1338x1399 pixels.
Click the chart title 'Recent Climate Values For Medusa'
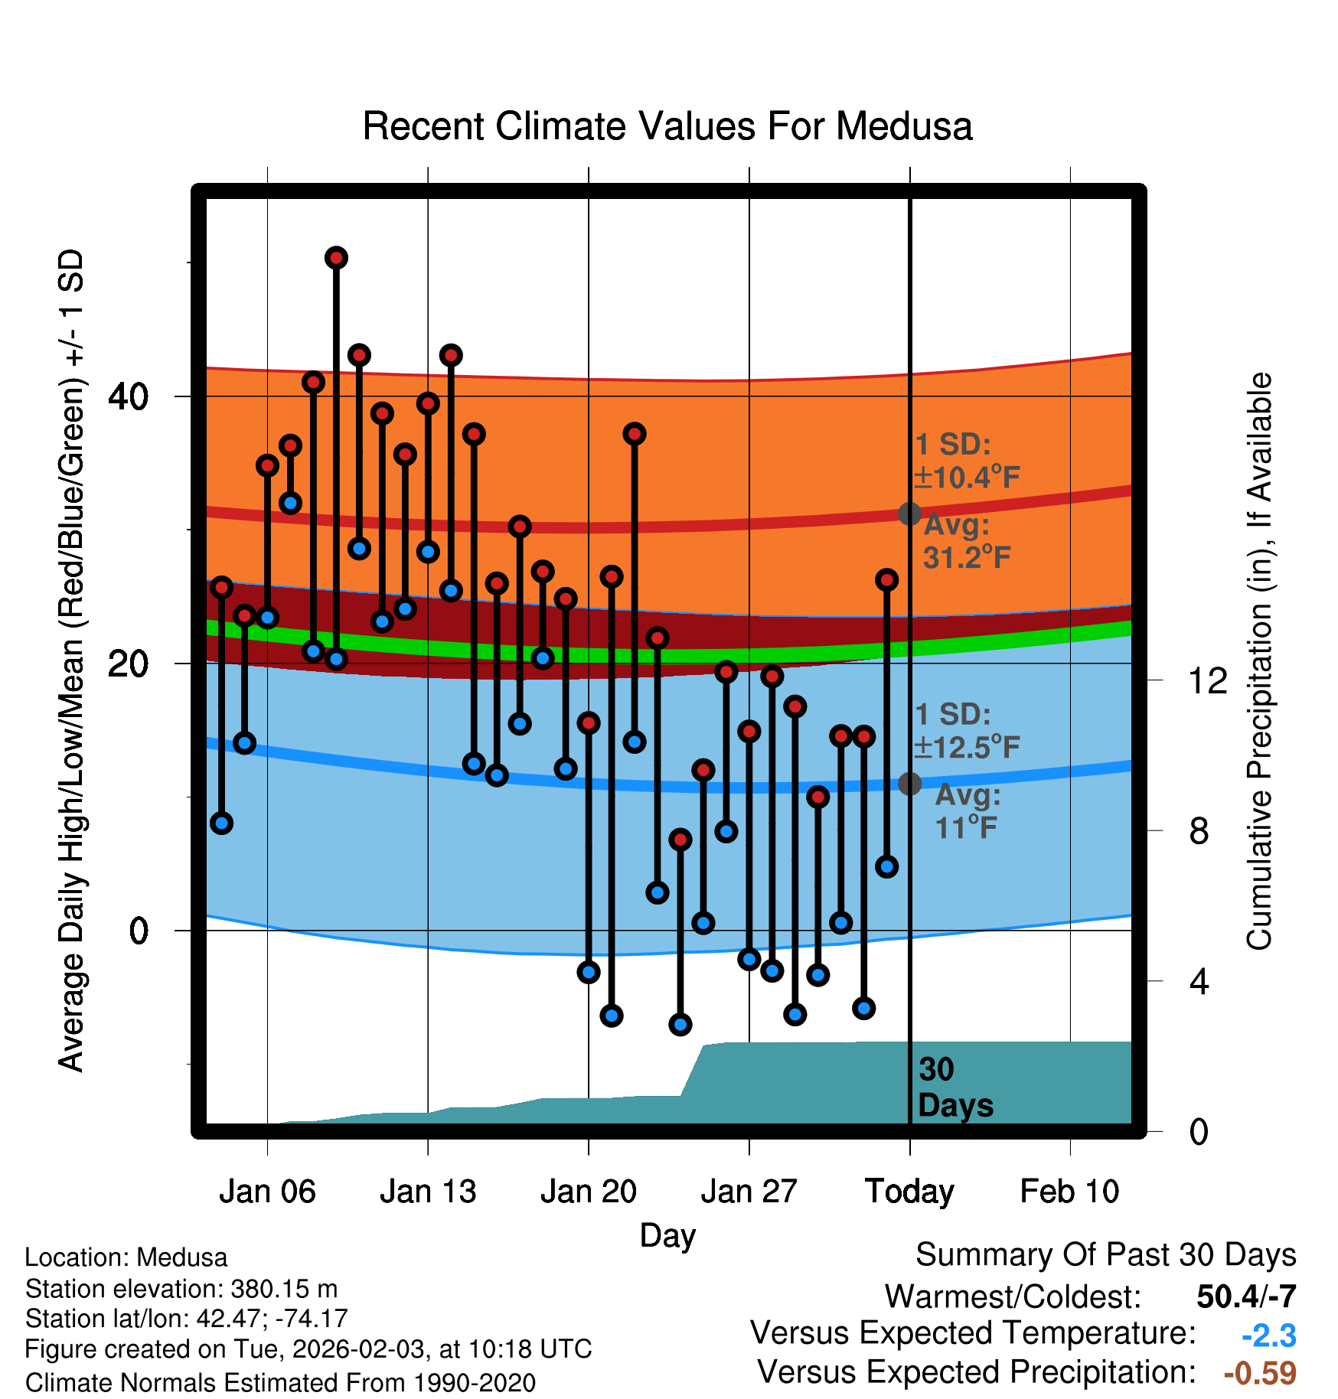[667, 126]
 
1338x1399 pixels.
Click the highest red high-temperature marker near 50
[336, 258]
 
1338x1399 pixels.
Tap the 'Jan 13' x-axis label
[428, 1192]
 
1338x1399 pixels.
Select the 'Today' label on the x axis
[909, 1192]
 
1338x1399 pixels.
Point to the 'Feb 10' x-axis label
[1069, 1192]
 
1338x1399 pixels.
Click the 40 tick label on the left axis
[129, 396]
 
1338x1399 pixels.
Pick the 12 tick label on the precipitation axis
[1207, 680]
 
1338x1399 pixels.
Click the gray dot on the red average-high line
[909, 514]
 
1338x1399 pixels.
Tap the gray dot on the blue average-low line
[909, 784]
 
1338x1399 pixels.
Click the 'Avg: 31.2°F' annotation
[966, 541]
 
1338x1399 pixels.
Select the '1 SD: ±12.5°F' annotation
[966, 731]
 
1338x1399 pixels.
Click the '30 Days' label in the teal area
[955, 1088]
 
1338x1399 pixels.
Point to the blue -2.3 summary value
[1268, 1335]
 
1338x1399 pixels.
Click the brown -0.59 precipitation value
[1260, 1373]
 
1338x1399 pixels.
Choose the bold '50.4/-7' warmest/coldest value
[1246, 1296]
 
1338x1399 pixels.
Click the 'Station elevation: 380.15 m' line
[181, 1289]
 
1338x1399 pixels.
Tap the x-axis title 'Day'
[667, 1235]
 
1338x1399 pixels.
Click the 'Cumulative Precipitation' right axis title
[1259, 662]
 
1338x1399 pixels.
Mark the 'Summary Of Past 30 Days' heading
[1105, 1255]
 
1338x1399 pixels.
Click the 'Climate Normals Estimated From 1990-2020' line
[280, 1383]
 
